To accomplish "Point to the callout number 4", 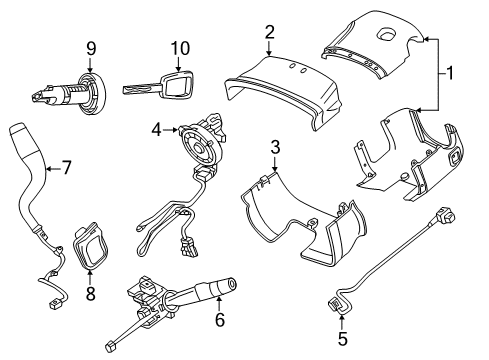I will point(156,129).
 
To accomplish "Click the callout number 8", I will point(91,294).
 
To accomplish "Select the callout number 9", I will point(91,48).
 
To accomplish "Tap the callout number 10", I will point(181,49).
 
